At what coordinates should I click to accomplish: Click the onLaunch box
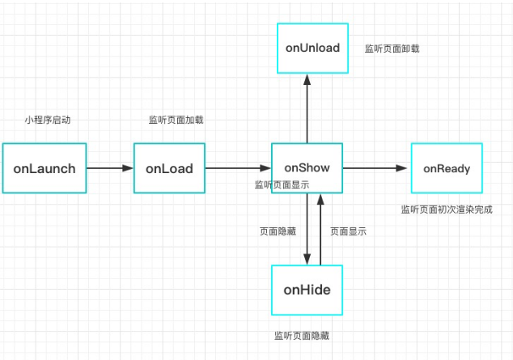(45, 168)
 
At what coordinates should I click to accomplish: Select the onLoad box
(169, 168)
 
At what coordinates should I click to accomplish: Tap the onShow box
(307, 167)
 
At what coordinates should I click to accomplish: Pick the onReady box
(447, 168)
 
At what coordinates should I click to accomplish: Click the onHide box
(307, 289)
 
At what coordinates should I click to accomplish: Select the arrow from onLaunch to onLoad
(110, 168)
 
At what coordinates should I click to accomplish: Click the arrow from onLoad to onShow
(238, 168)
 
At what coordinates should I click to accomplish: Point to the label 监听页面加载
(176, 120)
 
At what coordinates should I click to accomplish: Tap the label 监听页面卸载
(392, 49)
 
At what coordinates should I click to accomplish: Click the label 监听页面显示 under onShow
(281, 184)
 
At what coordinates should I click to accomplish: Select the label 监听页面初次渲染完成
(446, 210)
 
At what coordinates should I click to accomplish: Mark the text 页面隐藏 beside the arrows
(277, 231)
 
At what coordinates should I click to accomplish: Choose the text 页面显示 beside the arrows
(348, 231)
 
